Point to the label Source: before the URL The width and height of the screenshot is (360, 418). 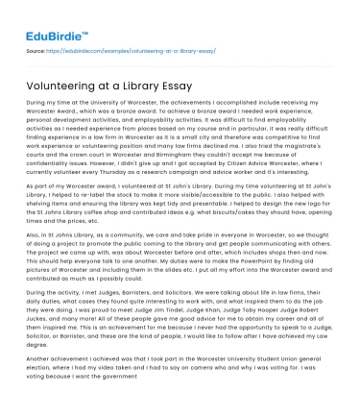(36, 49)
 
